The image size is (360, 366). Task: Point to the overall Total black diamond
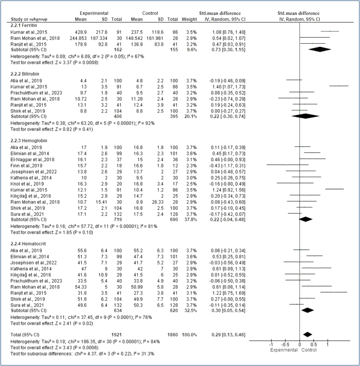click(x=308, y=333)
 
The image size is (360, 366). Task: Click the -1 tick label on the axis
click(x=271, y=345)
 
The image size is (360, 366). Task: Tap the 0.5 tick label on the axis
click(x=313, y=345)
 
